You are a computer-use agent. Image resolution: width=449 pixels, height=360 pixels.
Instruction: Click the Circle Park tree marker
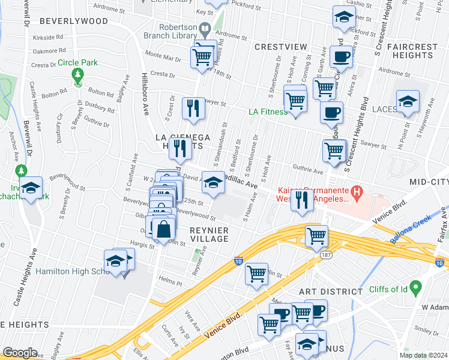pyautogui.click(x=77, y=74)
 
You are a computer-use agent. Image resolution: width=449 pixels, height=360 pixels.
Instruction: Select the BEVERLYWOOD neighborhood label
pyautogui.click(x=73, y=20)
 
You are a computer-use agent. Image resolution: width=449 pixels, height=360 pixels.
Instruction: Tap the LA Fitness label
pyautogui.click(x=268, y=112)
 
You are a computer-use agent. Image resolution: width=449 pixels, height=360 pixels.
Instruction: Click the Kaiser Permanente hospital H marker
pyautogui.click(x=357, y=193)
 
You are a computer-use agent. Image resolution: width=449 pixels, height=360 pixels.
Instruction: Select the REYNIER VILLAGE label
pyautogui.click(x=209, y=235)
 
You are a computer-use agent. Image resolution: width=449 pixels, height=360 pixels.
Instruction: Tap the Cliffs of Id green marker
pyautogui.click(x=413, y=286)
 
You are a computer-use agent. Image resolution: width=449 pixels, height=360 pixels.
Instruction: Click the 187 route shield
pyautogui.click(x=325, y=254)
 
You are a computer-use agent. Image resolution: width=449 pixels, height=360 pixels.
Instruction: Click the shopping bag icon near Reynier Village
pyautogui.click(x=163, y=229)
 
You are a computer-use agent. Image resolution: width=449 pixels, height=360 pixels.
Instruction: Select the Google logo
pyautogui.click(x=20, y=353)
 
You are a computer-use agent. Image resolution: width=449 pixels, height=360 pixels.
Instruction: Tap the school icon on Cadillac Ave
pyautogui.click(x=213, y=182)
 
